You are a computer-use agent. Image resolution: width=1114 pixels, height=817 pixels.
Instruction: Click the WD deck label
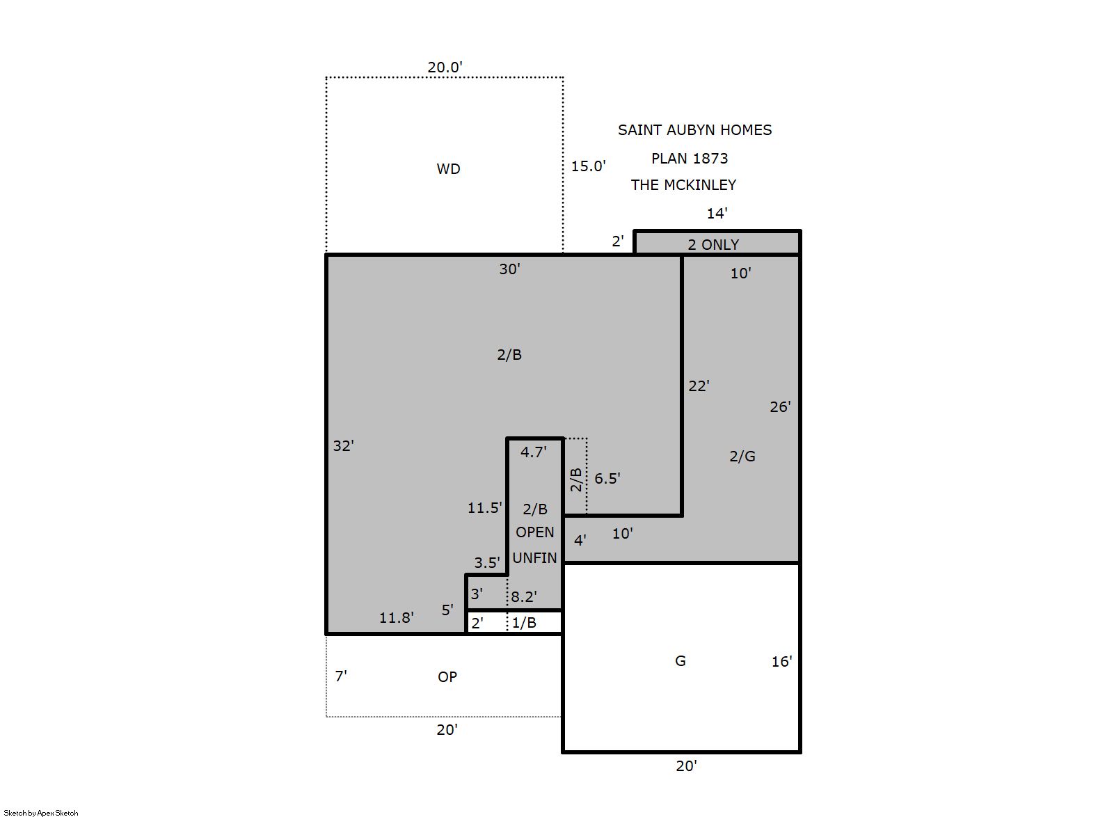(448, 169)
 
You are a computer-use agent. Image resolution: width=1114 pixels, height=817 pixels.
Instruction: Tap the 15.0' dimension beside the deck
(588, 166)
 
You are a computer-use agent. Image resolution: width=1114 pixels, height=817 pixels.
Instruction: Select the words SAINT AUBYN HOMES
(694, 130)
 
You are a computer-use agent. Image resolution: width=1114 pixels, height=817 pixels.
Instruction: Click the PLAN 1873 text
(690, 159)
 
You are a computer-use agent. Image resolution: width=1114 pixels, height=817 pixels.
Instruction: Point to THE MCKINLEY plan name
(683, 185)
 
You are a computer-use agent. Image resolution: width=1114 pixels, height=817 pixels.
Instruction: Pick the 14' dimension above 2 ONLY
(717, 214)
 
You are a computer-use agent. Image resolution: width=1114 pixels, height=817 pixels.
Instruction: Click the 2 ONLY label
(713, 245)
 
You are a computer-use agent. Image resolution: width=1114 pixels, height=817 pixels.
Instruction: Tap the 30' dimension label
(510, 269)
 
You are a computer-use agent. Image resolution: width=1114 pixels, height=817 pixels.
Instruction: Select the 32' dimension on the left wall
(343, 445)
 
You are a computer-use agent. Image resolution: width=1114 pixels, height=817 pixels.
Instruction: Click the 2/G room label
(742, 456)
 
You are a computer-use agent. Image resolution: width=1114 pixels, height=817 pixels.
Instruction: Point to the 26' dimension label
(780, 406)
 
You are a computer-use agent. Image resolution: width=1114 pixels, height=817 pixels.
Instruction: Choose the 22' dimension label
(699, 386)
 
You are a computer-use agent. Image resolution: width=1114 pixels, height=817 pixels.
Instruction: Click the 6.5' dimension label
(607, 478)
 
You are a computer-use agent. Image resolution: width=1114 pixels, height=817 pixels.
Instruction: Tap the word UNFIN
(534, 558)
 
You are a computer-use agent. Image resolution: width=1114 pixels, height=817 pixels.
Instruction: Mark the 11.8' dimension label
(397, 617)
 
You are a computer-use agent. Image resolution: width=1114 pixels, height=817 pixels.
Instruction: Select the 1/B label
(524, 623)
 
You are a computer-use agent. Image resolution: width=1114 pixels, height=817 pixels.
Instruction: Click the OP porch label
(447, 676)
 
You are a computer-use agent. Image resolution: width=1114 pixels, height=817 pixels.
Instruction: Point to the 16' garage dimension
(782, 661)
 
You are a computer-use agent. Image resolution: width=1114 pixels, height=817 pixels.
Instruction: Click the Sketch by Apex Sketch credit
(41, 813)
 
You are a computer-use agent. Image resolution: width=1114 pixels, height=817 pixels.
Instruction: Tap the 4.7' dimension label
(533, 452)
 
